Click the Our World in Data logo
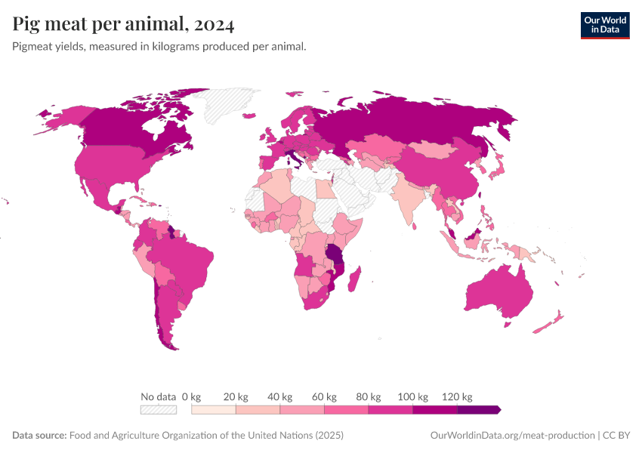[x=604, y=25]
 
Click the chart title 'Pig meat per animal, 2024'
[x=123, y=24]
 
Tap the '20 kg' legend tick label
[x=236, y=396]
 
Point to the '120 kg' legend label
[x=457, y=396]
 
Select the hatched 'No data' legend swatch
[x=158, y=410]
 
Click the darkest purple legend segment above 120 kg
[x=479, y=410]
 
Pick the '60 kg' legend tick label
[x=324, y=396]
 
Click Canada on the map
[x=128, y=128]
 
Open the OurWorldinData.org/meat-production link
[x=511, y=436]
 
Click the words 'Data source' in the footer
[x=39, y=436]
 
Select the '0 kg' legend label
[x=191, y=396]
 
